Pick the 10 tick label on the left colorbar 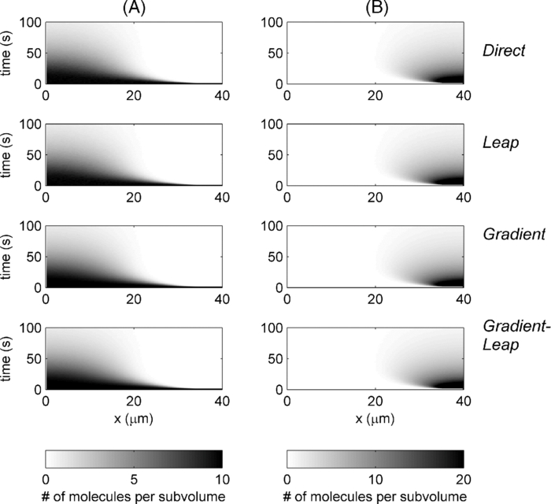221,480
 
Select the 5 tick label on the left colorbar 134,480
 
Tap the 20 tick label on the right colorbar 463,480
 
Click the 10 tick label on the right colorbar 375,480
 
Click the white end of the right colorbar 291,459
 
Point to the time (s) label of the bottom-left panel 9,357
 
